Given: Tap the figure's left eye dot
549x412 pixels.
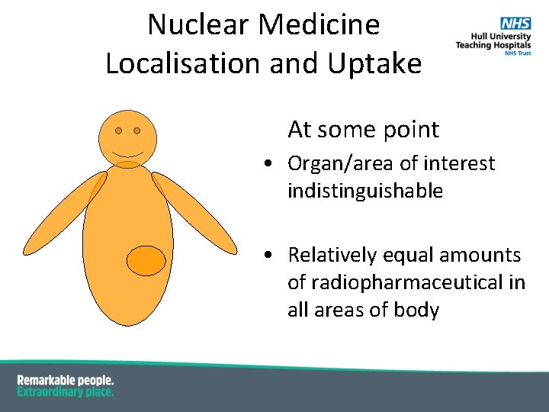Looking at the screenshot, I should coord(119,130).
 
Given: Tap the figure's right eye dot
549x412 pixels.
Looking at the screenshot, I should coord(137,130).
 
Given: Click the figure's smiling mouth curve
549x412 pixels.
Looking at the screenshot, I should coord(128,155).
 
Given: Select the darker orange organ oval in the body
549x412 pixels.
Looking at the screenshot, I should coord(146,261).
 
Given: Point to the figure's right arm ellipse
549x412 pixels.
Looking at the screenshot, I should coord(194,214).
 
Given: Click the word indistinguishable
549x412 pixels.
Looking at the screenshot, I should coord(364,191).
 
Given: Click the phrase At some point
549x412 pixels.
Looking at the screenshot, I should coord(363,130).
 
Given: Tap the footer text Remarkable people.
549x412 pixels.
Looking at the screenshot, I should coord(66,380).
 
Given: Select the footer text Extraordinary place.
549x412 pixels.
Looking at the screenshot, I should coord(66,391).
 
